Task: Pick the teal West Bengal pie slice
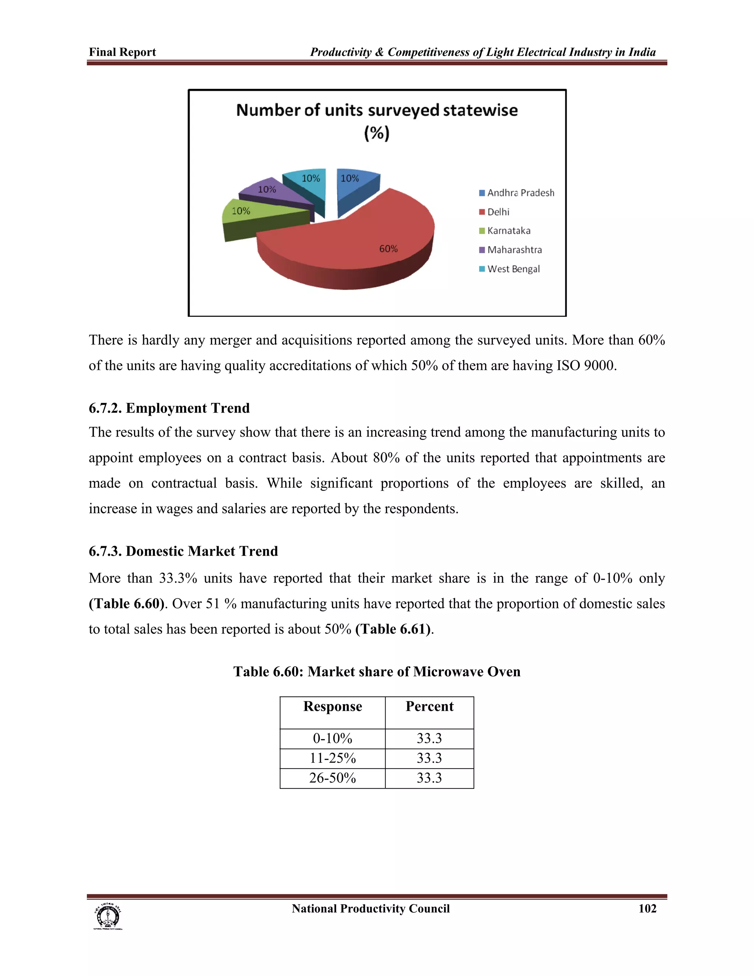[x=308, y=183]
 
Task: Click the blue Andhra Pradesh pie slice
[x=355, y=183]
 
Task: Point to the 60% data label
[x=388, y=249]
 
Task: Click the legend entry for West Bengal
[x=513, y=269]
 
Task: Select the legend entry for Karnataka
[x=508, y=231]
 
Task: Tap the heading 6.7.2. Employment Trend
[x=169, y=408]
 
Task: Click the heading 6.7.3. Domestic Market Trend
[x=183, y=551]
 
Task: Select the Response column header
[x=332, y=706]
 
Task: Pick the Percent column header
[x=429, y=706]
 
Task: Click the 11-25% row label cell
[x=332, y=758]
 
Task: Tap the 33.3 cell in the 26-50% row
[x=429, y=778]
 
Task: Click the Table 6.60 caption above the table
[x=377, y=672]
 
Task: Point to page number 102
[x=647, y=909]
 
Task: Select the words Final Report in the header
[x=122, y=52]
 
